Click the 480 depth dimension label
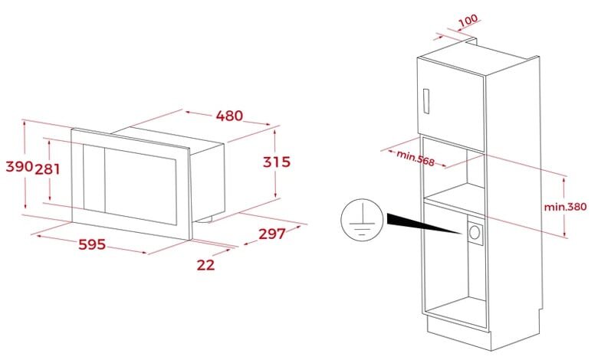point(229,115)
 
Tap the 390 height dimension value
point(19,166)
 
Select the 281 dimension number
point(48,169)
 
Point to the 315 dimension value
point(276,162)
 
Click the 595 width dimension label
point(92,244)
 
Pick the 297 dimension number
point(271,234)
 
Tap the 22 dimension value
point(205,265)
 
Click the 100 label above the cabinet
point(468,20)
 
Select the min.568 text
point(415,158)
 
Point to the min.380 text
point(566,207)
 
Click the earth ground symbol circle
point(362,221)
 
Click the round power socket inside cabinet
point(475,231)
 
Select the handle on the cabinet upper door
point(426,101)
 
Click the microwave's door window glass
point(141,187)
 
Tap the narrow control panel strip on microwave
point(94,178)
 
